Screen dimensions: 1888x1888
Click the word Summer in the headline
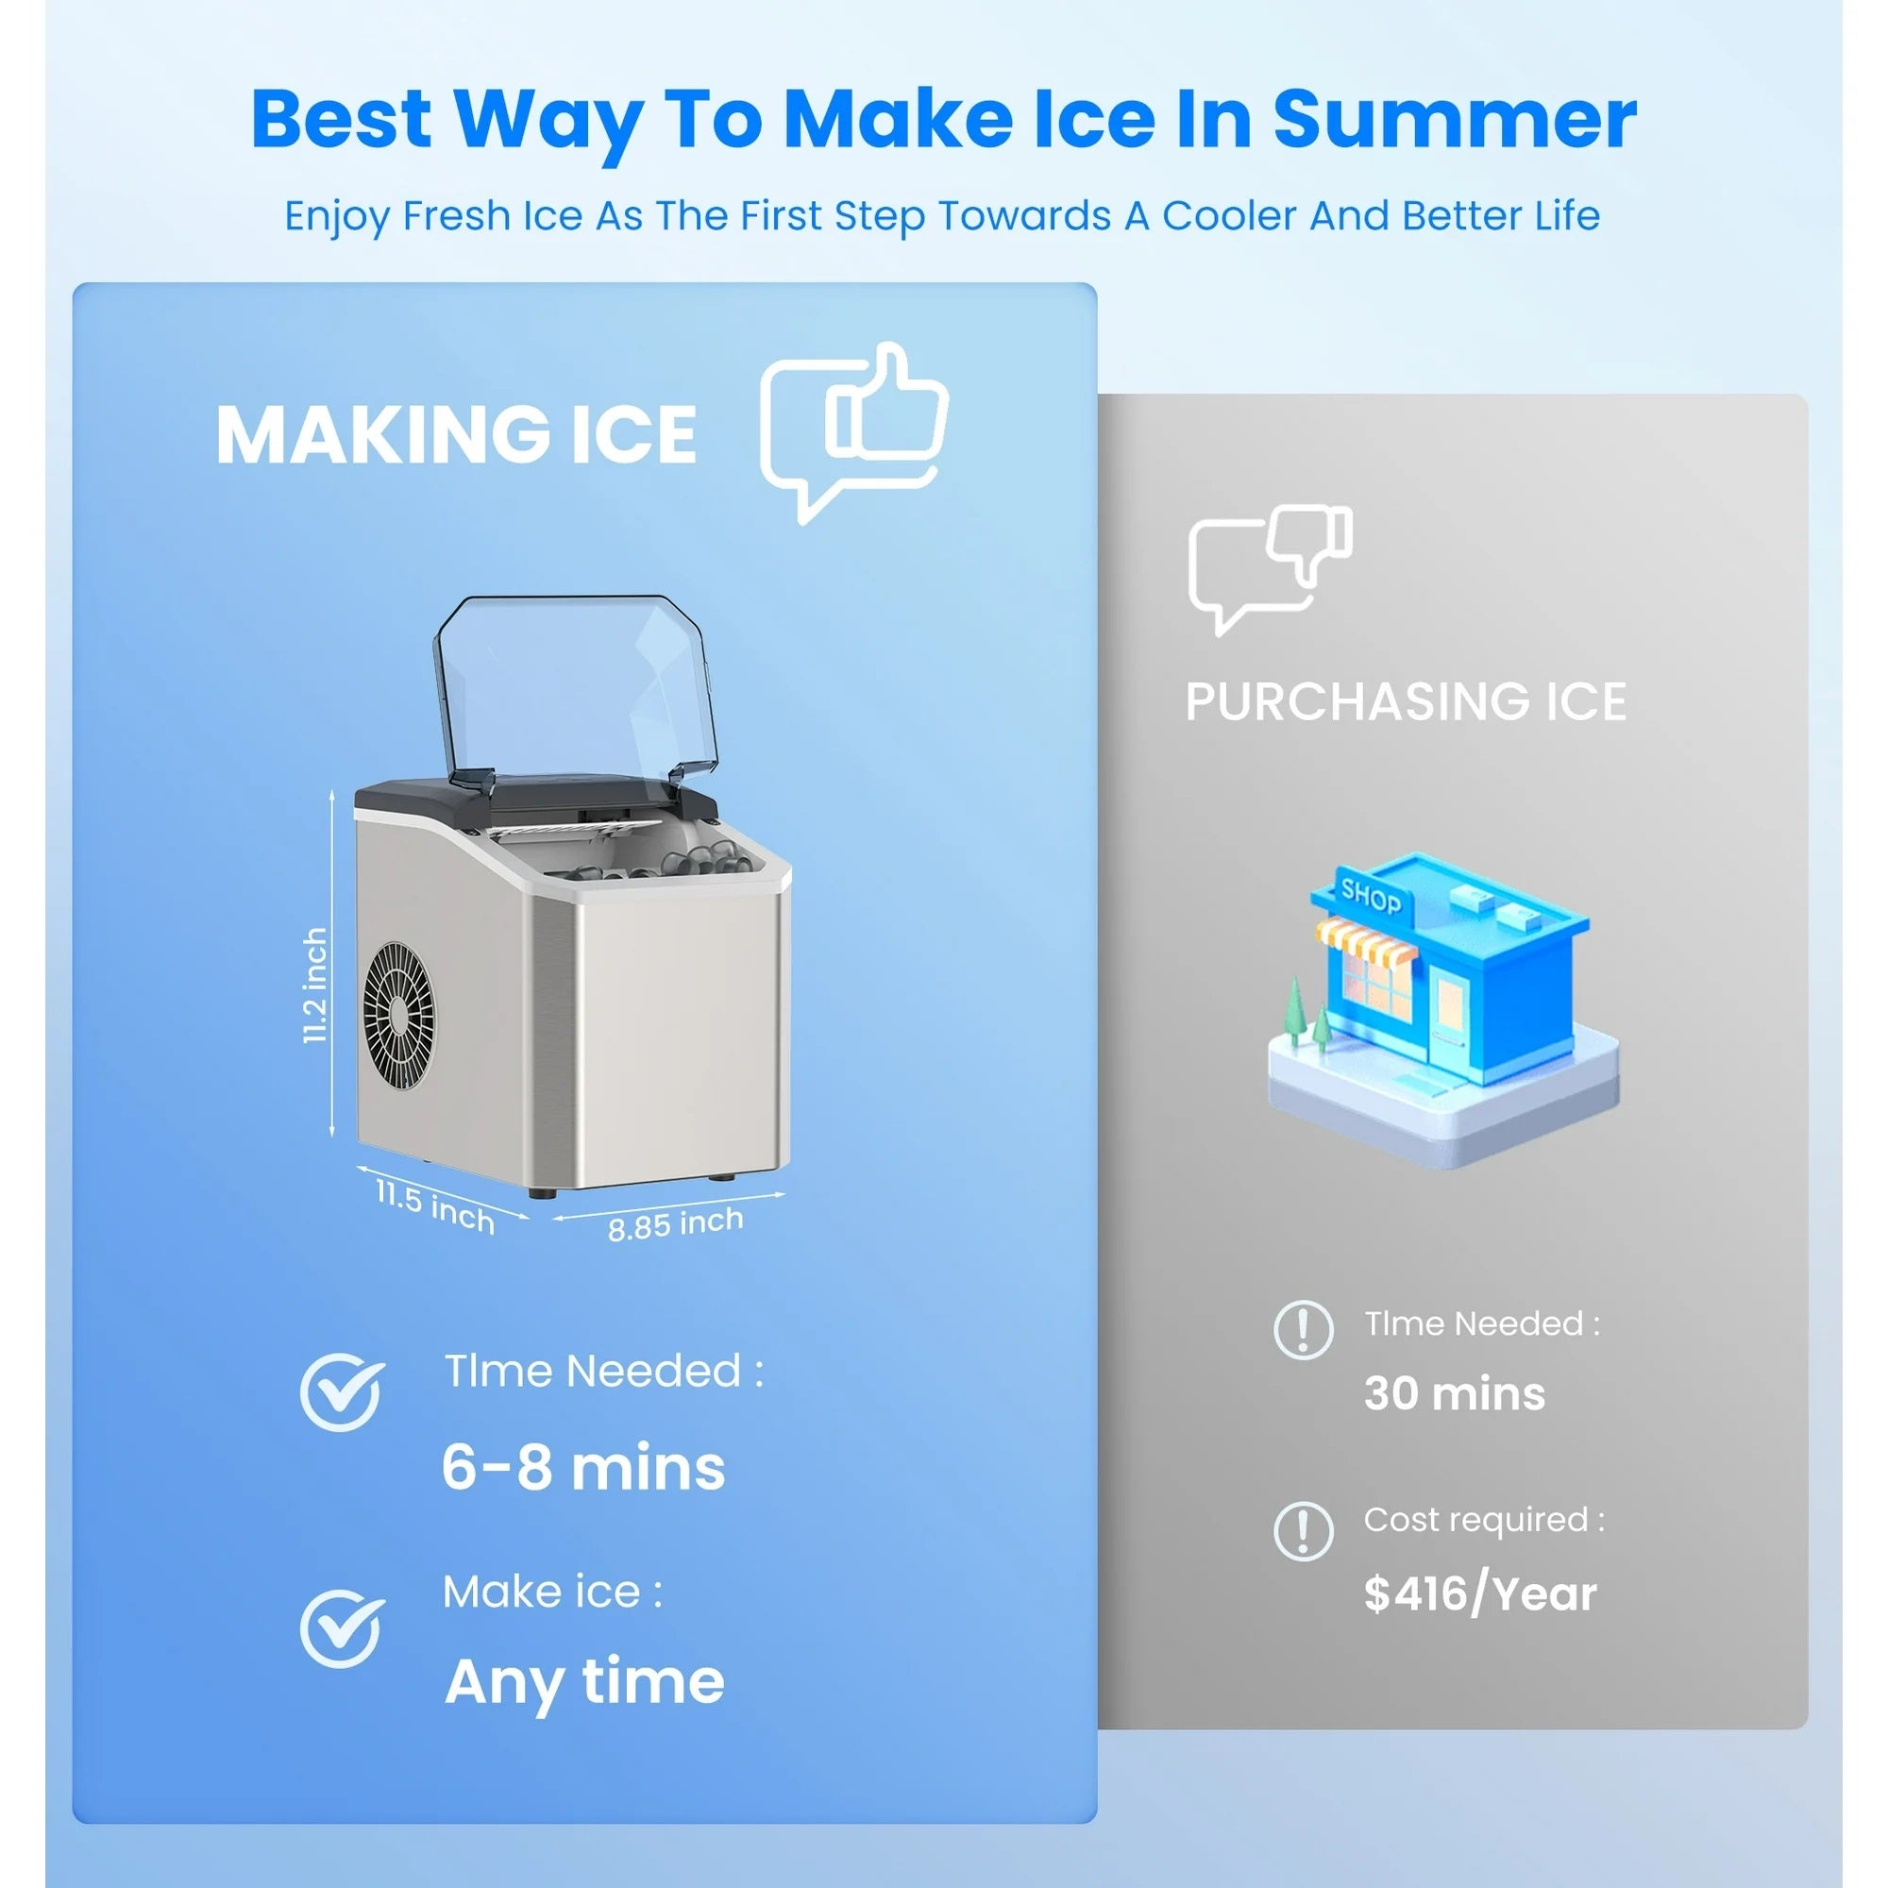click(x=1454, y=119)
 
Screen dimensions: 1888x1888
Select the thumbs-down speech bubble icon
click(x=1271, y=568)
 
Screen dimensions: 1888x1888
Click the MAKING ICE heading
click(x=456, y=435)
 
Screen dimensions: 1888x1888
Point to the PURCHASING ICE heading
click(x=1406, y=701)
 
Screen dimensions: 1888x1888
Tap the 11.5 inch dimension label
click(x=436, y=1205)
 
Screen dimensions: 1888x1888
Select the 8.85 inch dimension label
click(x=675, y=1223)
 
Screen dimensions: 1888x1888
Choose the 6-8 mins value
click(x=583, y=1468)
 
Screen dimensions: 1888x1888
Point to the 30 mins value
click(x=1454, y=1393)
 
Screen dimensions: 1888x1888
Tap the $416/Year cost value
click(x=1479, y=1593)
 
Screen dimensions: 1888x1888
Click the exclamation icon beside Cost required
click(x=1304, y=1530)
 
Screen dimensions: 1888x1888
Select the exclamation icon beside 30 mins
click(x=1304, y=1330)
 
